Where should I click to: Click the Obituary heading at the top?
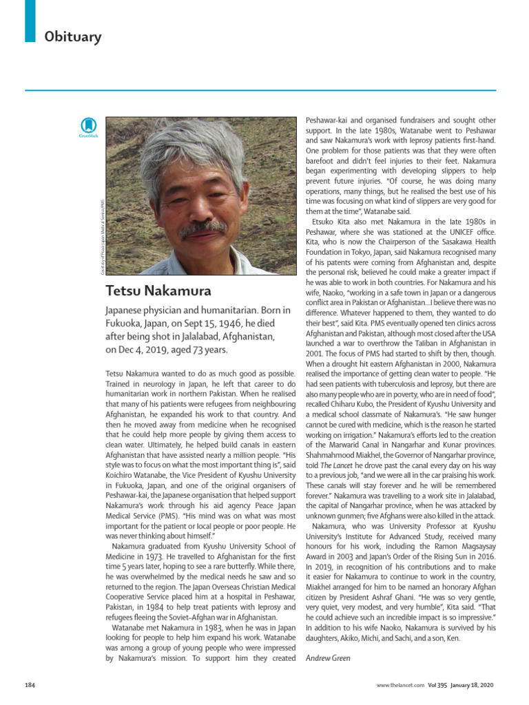coord(73,36)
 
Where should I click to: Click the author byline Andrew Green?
coord(328,658)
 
